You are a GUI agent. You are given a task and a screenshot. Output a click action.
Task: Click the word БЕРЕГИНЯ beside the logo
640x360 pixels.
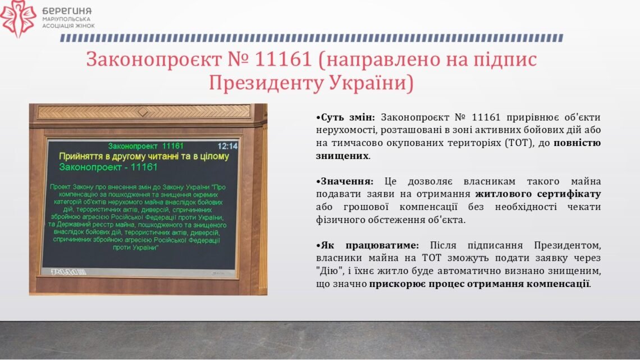tap(67, 11)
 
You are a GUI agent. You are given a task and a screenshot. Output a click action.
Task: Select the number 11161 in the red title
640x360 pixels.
tap(284, 59)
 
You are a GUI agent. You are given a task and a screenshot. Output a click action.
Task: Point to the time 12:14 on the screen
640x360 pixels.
tap(227, 146)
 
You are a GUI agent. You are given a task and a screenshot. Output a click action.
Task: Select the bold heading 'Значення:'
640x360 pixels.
tap(345, 181)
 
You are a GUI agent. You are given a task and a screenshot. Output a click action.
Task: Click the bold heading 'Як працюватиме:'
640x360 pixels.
tap(367, 245)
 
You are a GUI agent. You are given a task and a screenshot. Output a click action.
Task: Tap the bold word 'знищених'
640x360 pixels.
tap(342, 156)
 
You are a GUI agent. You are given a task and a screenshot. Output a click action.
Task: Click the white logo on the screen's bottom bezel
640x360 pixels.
tap(68, 272)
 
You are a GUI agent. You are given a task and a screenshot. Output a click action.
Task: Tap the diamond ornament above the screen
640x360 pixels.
tap(143, 111)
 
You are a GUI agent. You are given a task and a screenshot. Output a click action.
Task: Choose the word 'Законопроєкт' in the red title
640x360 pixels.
tap(154, 59)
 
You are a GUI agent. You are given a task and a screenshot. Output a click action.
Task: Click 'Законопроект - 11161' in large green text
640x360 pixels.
tap(108, 167)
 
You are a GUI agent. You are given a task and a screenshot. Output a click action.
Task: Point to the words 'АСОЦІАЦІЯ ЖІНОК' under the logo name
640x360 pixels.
tap(68, 26)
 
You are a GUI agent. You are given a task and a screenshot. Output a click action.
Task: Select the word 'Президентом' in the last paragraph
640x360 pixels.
tap(568, 245)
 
